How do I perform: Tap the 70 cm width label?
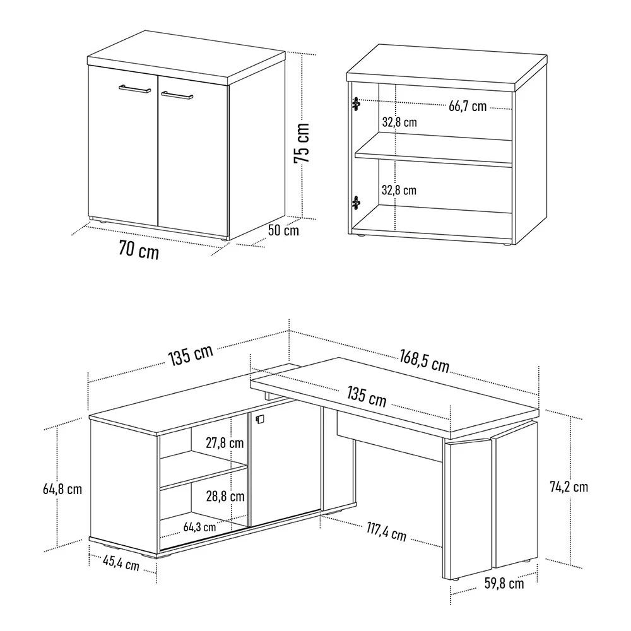[x=139, y=251]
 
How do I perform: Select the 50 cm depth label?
[x=283, y=230]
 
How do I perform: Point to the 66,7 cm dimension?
[x=468, y=106]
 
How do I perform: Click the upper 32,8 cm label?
[x=399, y=122]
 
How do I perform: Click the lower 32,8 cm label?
[x=399, y=189]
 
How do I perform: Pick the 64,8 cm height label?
[x=62, y=488]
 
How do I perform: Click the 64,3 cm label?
[x=199, y=526]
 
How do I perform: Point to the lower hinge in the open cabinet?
[x=356, y=203]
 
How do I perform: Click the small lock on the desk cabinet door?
[x=258, y=418]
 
